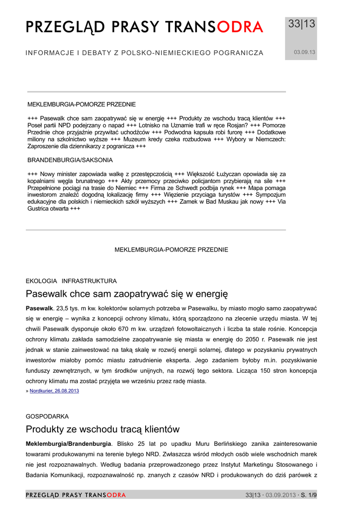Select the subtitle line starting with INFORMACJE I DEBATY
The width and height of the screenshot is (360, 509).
tap(144, 53)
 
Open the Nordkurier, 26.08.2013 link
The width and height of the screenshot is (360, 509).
tap(54, 391)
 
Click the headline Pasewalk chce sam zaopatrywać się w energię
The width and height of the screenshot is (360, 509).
tap(126, 294)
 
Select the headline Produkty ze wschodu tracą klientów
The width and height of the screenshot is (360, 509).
tap(102, 429)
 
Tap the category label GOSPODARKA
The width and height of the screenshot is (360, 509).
tap(47, 416)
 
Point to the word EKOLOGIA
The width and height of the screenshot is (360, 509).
tap(41, 281)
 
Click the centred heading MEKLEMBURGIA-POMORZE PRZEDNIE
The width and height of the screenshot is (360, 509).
tap(172, 250)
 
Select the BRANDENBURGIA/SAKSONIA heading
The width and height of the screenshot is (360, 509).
tap(70, 160)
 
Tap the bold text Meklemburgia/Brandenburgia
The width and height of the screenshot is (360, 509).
tap(69, 443)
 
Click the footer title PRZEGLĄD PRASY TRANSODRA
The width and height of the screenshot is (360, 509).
tap(76, 495)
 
